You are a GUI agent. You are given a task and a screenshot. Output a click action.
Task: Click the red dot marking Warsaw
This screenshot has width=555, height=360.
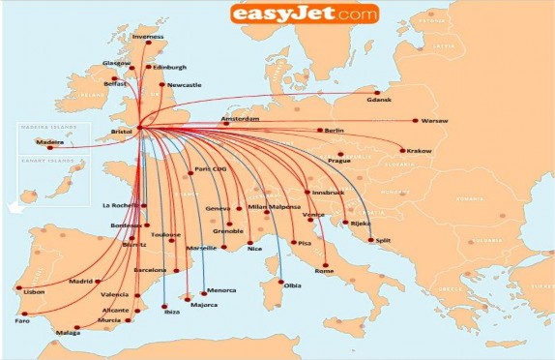pyautogui.click(x=415, y=121)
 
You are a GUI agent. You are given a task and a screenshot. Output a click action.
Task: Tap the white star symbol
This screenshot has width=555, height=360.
pyautogui.click(x=15, y=206)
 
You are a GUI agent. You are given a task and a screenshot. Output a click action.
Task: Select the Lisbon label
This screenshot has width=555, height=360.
pyautogui.click(x=34, y=291)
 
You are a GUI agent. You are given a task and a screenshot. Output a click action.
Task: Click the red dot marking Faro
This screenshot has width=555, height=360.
pyautogui.click(x=25, y=314)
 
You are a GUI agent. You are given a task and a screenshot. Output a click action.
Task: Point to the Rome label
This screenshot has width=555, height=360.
pyautogui.click(x=324, y=272)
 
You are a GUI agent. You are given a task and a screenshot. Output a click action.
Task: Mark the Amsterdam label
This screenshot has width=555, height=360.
pyautogui.click(x=240, y=119)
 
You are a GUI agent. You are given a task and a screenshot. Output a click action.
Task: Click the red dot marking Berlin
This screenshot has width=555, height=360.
pyautogui.click(x=319, y=131)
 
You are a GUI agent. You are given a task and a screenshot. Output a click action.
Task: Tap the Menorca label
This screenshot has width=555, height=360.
pyautogui.click(x=221, y=290)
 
